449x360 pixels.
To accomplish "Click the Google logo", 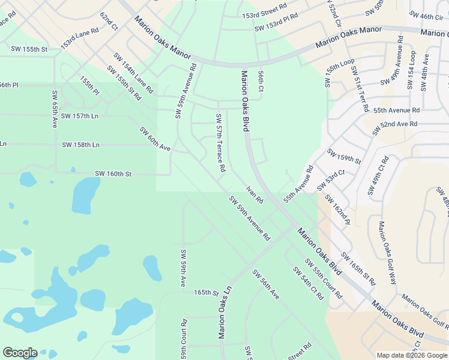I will (20, 353).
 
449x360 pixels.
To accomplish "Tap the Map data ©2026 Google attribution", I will (412, 355).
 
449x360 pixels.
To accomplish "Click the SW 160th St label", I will (113, 174).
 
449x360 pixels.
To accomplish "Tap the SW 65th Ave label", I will (54, 109).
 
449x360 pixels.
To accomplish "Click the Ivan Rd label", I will (255, 195).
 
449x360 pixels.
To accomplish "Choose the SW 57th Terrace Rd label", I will (220, 143).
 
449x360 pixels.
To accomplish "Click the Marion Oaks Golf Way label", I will (387, 253).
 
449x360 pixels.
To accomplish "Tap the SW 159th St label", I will (343, 156).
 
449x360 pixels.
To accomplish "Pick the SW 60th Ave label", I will (155, 139).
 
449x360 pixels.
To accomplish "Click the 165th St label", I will (206, 293).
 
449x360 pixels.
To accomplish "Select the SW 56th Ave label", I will (266, 284).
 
